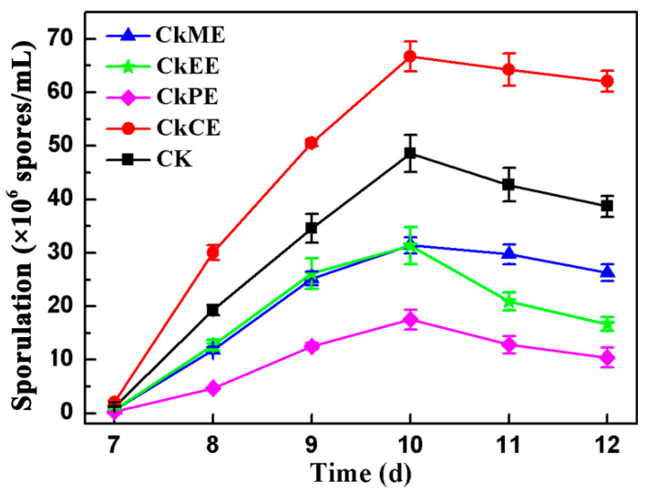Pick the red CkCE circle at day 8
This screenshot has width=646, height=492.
click(x=213, y=252)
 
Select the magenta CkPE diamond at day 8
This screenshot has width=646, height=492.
click(x=213, y=388)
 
